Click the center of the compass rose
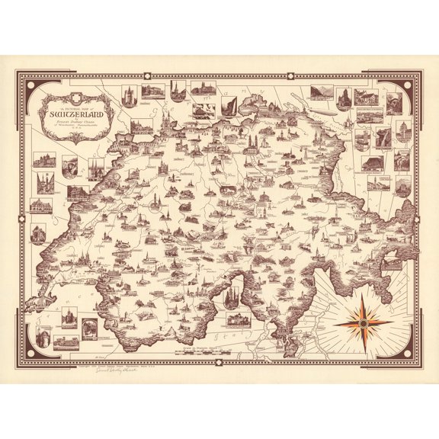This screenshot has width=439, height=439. tap(364, 322)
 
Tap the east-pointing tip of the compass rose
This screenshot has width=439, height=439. tap(393, 322)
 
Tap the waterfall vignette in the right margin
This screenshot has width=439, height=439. tap(383, 138)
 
